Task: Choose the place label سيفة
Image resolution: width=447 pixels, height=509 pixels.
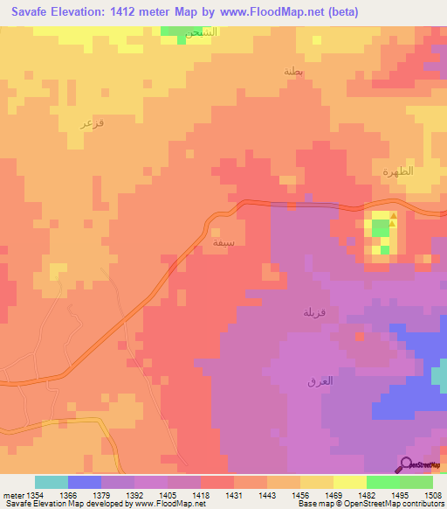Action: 223,241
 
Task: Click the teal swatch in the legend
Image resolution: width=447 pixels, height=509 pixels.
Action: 51,482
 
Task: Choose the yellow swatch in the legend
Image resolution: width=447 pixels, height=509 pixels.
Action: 349,482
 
